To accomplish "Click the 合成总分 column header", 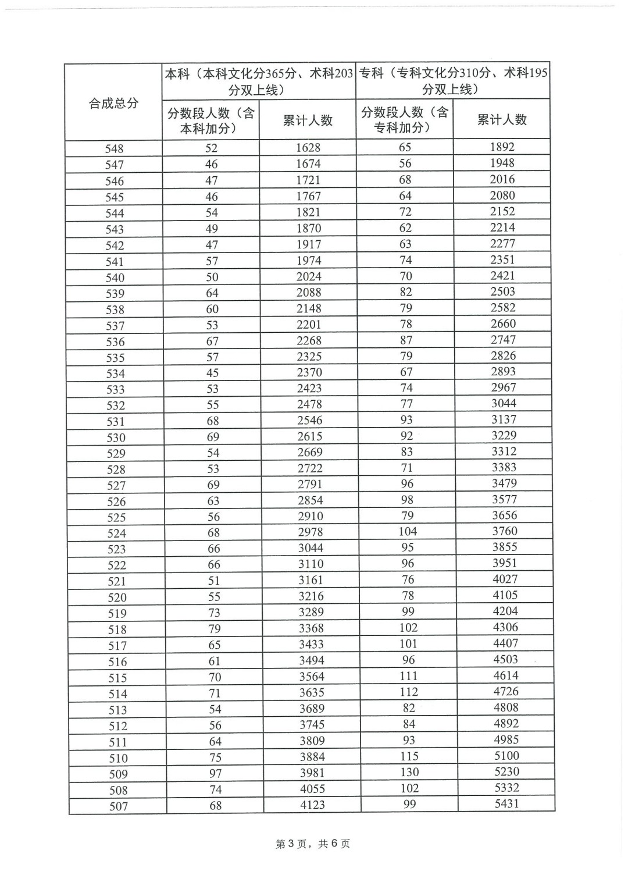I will point(113,103).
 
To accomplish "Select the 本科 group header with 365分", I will point(258,81).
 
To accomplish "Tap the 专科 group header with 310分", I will point(452,81).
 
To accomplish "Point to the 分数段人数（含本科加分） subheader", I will point(210,120).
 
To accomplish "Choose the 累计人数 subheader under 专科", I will point(501,119).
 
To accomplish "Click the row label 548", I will point(114,149).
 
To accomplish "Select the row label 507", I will point(118,806).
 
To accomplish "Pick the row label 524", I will point(116,533).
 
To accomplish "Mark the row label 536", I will point(115,342).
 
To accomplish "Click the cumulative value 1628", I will point(308,148).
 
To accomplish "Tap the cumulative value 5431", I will point(506,803).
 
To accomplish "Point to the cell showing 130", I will point(409,772).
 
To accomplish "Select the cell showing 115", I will point(409,756).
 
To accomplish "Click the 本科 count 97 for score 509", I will point(215,773).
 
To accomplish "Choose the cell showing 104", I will point(407,531).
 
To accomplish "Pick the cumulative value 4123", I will point(312,805).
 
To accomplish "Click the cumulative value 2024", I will point(309,276).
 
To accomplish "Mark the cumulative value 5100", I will point(505,756).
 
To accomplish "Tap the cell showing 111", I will point(408,676).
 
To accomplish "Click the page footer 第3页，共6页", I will point(313,844).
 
